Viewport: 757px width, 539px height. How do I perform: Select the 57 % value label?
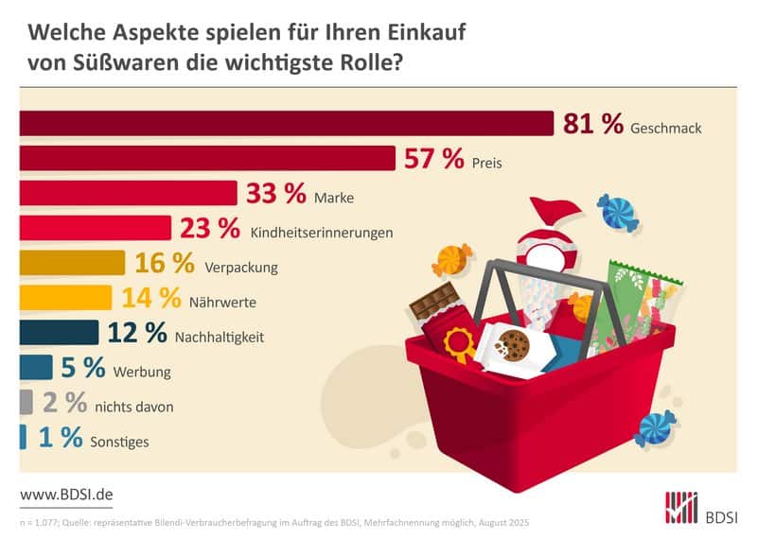(x=433, y=159)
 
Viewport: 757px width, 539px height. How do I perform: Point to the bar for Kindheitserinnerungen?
(x=95, y=228)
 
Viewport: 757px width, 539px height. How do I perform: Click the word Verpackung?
(x=241, y=268)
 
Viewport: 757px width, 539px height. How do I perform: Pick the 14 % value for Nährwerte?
(x=150, y=299)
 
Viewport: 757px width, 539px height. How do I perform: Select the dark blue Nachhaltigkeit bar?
(x=59, y=333)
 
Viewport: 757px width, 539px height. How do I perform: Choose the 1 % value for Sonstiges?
(x=59, y=439)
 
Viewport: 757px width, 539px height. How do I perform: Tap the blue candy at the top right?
(x=618, y=212)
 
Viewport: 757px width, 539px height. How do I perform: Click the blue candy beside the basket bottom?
(x=655, y=427)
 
